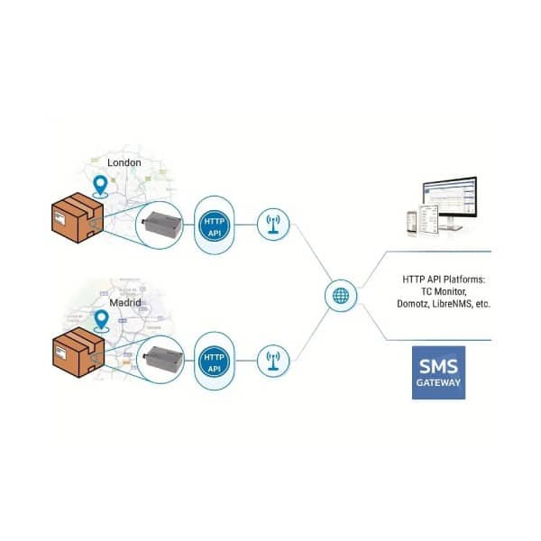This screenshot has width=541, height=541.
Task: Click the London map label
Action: pos(125,162)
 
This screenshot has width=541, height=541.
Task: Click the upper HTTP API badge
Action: pos(215,225)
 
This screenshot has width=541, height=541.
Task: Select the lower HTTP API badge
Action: pos(214,363)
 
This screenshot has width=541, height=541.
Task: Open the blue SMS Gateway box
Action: pos(437,373)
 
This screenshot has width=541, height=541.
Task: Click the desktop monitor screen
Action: pos(448,198)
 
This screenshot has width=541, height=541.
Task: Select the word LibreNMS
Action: pos(454,305)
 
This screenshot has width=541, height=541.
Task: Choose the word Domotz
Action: pos(412,305)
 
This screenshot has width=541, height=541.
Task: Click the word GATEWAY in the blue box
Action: pos(437,383)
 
